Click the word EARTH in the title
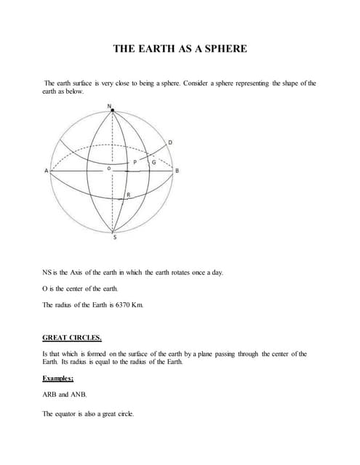pos(164,49)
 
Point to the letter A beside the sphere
pos(47,171)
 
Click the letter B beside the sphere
pos(177,171)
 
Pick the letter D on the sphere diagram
pos(169,142)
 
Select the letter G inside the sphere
pos(153,163)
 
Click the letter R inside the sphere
pos(128,195)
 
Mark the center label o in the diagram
pos(108,167)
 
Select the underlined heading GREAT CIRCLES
pos(72,338)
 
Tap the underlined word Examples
pos(62,379)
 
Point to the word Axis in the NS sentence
pos(82,272)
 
